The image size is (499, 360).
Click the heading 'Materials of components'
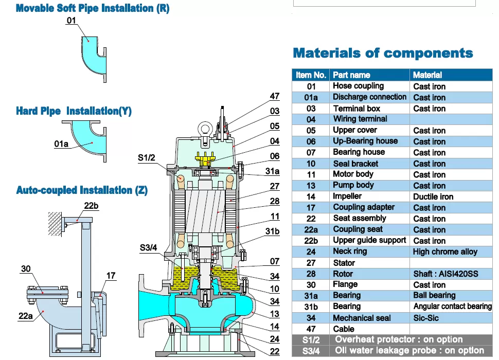(383, 53)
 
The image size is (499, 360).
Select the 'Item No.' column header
(311, 75)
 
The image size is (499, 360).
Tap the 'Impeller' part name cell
(347, 196)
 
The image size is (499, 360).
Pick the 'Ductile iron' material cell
(433, 197)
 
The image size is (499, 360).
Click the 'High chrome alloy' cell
(445, 252)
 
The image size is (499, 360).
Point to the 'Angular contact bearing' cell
(452, 307)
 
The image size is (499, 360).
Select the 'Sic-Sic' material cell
(426, 318)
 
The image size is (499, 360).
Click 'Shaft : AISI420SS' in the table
(445, 274)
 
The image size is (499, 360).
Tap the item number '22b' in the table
(311, 241)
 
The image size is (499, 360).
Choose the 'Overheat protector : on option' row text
(399, 339)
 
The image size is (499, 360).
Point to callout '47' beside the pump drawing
(275, 96)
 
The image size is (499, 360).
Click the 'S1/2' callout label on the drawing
(147, 158)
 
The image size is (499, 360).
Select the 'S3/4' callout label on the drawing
(148, 248)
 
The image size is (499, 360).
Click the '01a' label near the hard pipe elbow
(61, 144)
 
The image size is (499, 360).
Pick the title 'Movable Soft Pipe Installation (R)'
(93, 8)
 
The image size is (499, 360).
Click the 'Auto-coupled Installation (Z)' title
(82, 190)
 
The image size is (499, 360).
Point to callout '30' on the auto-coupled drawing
(26, 269)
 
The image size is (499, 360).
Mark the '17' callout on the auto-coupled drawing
(111, 276)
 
